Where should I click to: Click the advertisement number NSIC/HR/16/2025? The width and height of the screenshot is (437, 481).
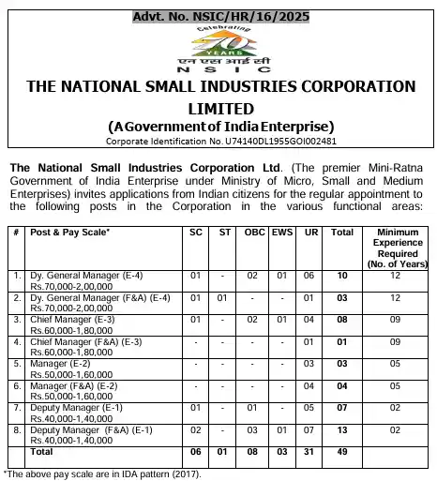[x=218, y=9]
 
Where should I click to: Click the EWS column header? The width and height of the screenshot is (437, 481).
[x=281, y=230]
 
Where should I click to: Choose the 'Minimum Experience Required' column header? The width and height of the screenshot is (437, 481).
[x=396, y=245]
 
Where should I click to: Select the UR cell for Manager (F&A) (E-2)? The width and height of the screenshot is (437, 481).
[x=309, y=385]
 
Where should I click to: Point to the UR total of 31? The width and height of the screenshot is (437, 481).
[x=309, y=451]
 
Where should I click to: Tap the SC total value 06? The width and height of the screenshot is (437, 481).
[x=196, y=451]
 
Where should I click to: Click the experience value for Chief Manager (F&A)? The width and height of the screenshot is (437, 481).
[x=396, y=342]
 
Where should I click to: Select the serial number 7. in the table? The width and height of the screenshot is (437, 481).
[x=17, y=407]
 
